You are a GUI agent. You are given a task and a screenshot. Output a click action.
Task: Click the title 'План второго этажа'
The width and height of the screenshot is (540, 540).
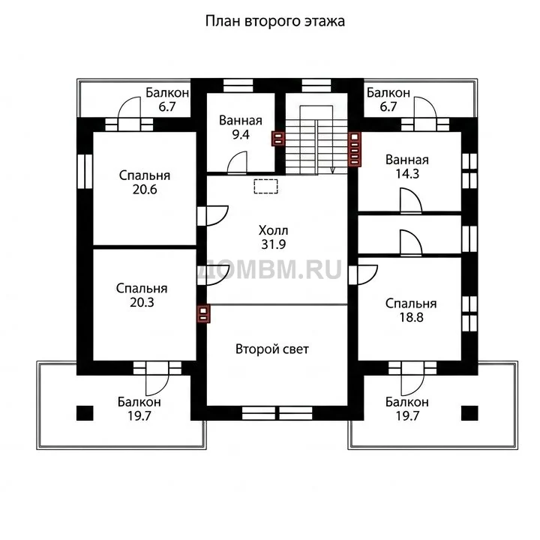click(x=274, y=21)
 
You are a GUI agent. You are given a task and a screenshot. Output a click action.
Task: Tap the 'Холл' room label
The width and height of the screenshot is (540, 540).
click(x=273, y=230)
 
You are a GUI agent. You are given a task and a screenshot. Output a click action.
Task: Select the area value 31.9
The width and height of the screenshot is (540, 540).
click(x=273, y=244)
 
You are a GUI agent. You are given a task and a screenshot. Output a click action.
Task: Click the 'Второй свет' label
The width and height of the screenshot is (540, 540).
click(x=272, y=349)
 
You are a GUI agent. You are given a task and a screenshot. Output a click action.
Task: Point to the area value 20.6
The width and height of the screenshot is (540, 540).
click(x=145, y=190)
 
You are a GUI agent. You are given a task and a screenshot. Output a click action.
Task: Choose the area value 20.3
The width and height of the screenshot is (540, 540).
click(x=142, y=302)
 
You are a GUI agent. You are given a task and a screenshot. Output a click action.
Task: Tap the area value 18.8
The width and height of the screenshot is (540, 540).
click(x=411, y=317)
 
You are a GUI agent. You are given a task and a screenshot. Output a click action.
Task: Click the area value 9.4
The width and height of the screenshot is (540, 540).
click(x=241, y=135)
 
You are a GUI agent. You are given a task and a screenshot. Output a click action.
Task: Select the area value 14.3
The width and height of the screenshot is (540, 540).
click(x=407, y=174)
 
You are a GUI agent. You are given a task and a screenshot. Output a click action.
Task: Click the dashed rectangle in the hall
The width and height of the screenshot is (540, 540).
click(x=265, y=186)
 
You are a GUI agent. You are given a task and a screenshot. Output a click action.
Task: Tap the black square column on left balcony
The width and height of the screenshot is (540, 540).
click(x=85, y=413)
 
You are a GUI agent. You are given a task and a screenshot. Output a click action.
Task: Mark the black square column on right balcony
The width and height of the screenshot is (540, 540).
click(x=469, y=413)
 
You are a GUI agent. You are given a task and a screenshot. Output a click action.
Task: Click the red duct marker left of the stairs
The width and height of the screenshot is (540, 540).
click(x=278, y=139)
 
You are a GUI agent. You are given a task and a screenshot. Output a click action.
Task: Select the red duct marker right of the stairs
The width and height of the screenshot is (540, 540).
click(x=355, y=149)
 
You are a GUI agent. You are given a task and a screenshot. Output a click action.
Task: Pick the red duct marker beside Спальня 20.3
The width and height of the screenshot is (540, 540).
click(x=203, y=313)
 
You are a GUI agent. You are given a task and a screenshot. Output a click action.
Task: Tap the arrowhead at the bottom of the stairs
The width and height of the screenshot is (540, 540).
click(x=333, y=170)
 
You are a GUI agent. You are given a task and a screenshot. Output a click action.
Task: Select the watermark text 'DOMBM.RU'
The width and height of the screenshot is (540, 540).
click(x=270, y=269)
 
